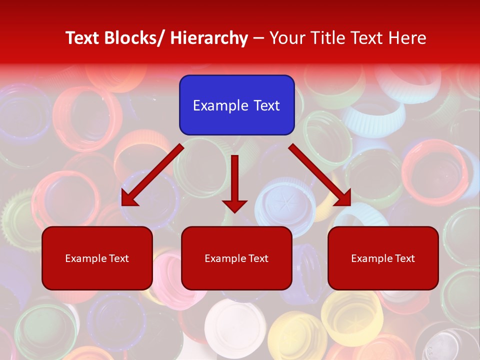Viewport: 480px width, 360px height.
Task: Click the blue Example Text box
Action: click(x=236, y=105)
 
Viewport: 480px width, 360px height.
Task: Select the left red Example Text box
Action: click(x=97, y=258)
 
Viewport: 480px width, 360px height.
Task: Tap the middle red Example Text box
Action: click(x=236, y=258)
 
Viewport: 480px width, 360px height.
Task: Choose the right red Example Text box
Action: click(x=383, y=258)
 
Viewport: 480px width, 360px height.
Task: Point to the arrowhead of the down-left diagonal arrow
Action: click(x=129, y=198)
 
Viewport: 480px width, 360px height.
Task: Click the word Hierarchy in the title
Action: click(x=209, y=38)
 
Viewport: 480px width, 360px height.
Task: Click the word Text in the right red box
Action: click(x=404, y=258)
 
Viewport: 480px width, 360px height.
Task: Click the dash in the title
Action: click(x=258, y=38)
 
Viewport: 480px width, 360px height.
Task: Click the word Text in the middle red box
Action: click(x=258, y=258)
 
